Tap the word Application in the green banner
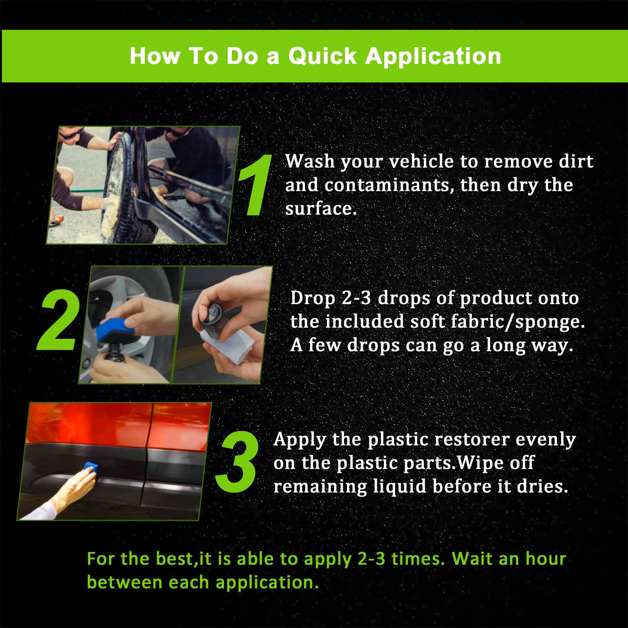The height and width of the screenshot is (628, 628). [x=433, y=56]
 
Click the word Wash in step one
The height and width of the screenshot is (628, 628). [x=310, y=161]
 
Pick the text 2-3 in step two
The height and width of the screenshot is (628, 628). [x=356, y=298]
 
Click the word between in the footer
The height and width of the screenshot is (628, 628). [x=124, y=582]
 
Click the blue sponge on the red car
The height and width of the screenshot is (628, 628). [x=91, y=468]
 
